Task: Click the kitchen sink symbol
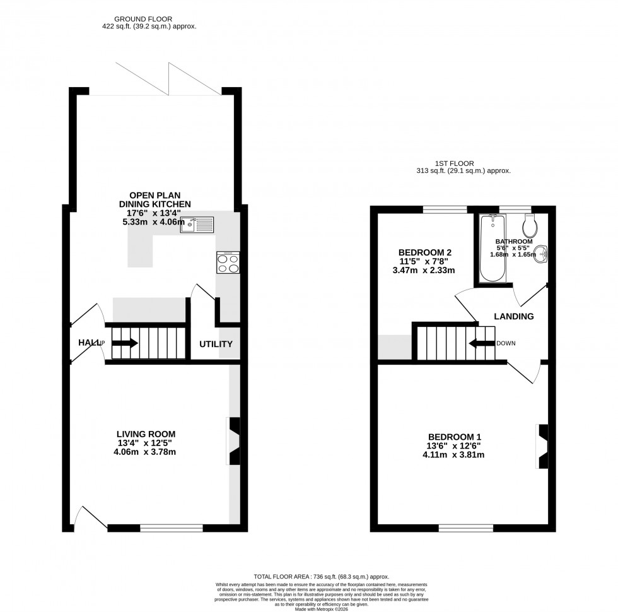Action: [x=197, y=224]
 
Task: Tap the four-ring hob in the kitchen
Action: [x=228, y=262]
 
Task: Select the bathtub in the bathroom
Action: [x=489, y=249]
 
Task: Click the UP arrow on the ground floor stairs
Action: [x=124, y=343]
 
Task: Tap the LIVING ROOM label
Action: [x=146, y=433]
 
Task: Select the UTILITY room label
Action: [x=216, y=344]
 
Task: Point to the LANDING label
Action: [x=514, y=317]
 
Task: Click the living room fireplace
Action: [x=234, y=441]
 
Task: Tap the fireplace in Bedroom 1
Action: [x=542, y=447]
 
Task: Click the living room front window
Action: [x=172, y=527]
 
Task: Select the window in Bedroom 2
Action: [x=445, y=209]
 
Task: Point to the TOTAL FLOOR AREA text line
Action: [x=321, y=577]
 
